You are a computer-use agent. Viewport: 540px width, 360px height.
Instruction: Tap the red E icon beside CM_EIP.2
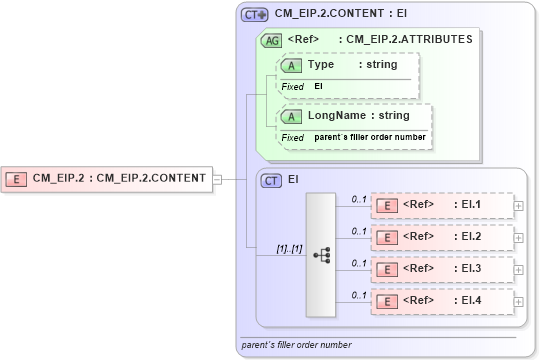pos(17,179)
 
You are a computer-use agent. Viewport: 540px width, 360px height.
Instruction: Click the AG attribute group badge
pos(270,40)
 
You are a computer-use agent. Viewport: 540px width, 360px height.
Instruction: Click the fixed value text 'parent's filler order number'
pos(370,137)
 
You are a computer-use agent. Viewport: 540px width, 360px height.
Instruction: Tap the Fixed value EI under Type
pos(319,87)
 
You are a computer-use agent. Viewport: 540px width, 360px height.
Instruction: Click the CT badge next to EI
pos(271,180)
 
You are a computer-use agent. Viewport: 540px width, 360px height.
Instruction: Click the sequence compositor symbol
pos(321,255)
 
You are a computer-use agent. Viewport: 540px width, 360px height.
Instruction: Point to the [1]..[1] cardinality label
pos(289,248)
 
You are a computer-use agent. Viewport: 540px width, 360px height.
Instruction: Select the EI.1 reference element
pos(441,206)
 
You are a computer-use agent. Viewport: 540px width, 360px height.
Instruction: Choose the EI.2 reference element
pos(441,237)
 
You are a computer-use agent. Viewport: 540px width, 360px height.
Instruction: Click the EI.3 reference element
pos(441,269)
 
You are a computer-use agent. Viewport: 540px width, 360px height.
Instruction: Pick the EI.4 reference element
pos(441,300)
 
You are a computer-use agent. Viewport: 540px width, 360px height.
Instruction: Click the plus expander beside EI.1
pos(518,206)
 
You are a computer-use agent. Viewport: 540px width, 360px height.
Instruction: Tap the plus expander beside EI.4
pos(518,300)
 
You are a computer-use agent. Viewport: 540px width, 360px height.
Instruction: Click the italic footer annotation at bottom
pos(297,345)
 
